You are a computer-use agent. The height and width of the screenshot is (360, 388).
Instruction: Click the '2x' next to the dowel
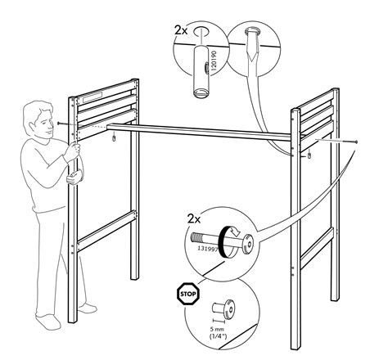[x=182, y=30]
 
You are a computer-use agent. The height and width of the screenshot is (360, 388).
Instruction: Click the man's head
[x=38, y=116]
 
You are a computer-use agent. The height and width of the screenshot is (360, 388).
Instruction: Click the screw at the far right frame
[x=356, y=142]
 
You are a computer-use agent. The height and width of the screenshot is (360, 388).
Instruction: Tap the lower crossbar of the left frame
[x=105, y=222]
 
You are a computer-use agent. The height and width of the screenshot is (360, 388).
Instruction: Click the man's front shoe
[x=88, y=309]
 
